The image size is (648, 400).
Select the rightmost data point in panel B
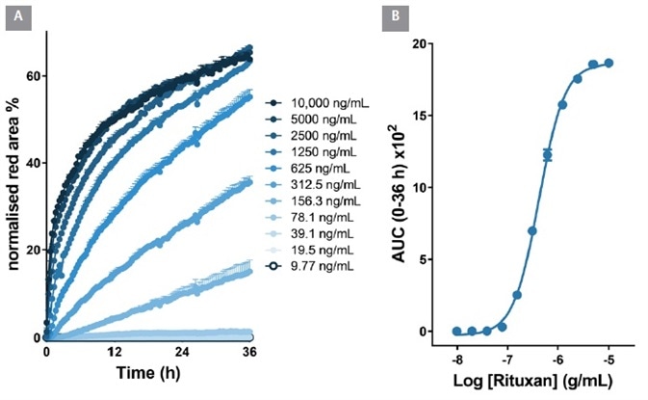pos(609,63)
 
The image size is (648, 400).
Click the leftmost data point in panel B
pos(456,331)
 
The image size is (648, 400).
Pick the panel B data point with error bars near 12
pos(547,154)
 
